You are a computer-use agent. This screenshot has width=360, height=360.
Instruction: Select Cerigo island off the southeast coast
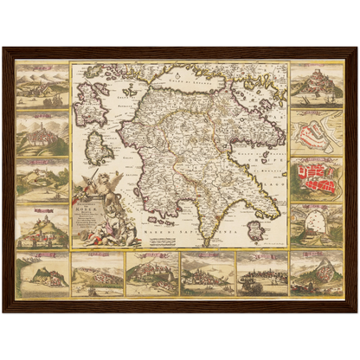[x=255, y=230]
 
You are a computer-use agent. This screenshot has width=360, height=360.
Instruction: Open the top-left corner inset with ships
[x=42, y=84]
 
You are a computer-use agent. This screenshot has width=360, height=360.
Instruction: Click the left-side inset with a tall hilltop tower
[x=42, y=132]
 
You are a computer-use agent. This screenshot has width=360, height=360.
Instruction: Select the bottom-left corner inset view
[x=42, y=273]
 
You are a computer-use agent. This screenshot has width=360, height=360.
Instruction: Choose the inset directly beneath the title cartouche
[x=97, y=273]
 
